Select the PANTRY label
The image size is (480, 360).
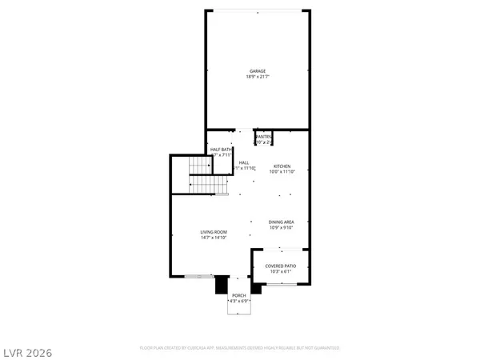[x=263, y=137]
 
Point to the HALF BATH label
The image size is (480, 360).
[x=222, y=149]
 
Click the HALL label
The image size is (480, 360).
[x=244, y=162]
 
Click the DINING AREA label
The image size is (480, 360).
[x=282, y=223]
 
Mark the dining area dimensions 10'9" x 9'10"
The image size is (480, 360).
[x=282, y=229]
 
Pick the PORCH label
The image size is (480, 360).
[x=239, y=295]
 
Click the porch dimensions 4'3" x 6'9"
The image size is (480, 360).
[x=239, y=301]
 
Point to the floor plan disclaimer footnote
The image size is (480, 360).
[x=239, y=348]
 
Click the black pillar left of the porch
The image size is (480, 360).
[x=222, y=286]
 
